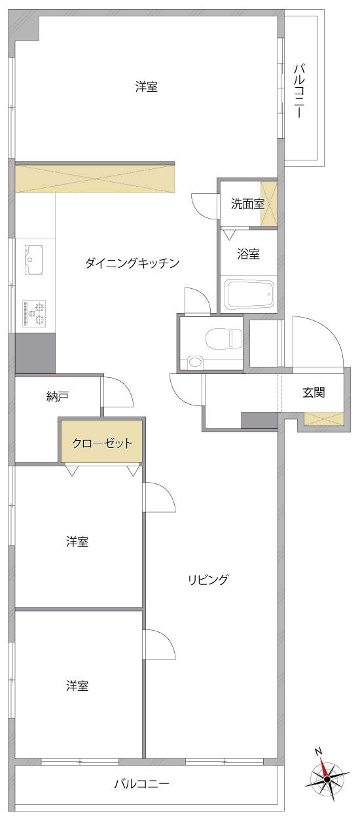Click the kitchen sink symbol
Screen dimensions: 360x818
(x=34, y=259)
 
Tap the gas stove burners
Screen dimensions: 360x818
(x=34, y=313)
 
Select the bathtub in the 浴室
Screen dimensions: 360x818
(x=250, y=294)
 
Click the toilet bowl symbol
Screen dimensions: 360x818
(x=224, y=339)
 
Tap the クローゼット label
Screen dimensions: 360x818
(x=102, y=443)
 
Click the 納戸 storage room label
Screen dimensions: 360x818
(x=58, y=396)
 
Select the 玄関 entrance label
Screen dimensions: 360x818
(x=314, y=392)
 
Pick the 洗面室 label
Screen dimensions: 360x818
(x=247, y=204)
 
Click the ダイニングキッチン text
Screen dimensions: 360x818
(x=132, y=263)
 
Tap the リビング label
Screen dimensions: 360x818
(x=208, y=580)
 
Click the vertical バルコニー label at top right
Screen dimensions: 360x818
(x=299, y=90)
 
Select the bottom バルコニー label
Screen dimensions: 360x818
(x=142, y=783)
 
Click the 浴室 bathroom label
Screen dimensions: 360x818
(x=248, y=254)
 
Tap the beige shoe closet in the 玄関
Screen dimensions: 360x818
(x=324, y=419)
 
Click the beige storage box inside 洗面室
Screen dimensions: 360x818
(x=268, y=204)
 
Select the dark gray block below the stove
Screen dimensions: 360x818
(x=35, y=353)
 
